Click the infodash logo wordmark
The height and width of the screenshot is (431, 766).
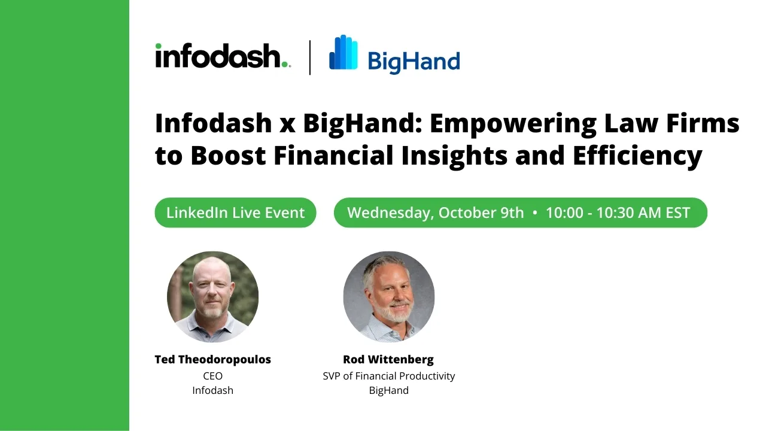click(x=223, y=56)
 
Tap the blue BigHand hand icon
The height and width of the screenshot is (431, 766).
click(x=344, y=52)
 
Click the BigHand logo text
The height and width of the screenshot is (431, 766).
click(x=414, y=62)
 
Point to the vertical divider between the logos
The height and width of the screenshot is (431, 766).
click(x=310, y=57)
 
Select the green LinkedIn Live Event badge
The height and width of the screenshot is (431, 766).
click(x=235, y=213)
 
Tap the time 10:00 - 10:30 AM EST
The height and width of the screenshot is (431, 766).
click(x=618, y=213)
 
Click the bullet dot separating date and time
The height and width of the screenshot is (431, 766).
click(x=535, y=213)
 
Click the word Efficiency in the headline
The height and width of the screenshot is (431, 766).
click(x=637, y=156)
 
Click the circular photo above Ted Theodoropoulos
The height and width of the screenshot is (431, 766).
click(x=212, y=297)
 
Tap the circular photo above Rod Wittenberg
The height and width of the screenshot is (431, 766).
click(x=389, y=297)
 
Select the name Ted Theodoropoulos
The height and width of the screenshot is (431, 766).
click(x=212, y=360)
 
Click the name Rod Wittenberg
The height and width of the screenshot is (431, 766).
click(x=388, y=360)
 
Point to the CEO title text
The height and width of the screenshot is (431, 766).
click(x=212, y=376)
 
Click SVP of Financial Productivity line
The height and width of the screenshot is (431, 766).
click(x=389, y=377)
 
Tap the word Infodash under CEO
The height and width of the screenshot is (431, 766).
click(x=212, y=390)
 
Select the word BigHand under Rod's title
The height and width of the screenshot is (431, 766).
click(x=389, y=391)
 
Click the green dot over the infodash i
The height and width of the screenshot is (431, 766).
click(x=159, y=46)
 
